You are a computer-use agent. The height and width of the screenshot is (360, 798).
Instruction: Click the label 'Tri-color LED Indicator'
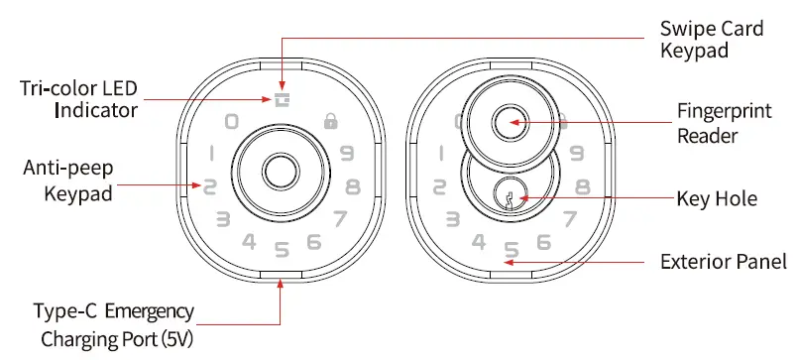[x=78, y=98]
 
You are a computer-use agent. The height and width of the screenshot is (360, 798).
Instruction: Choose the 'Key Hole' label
[x=716, y=199]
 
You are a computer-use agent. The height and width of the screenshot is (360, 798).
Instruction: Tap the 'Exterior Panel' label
[x=724, y=263]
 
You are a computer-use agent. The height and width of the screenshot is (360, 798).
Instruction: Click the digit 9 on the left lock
[x=346, y=153]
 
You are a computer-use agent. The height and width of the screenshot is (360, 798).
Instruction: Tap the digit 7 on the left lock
[x=339, y=218]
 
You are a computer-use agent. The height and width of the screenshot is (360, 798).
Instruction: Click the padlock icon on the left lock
[x=330, y=122]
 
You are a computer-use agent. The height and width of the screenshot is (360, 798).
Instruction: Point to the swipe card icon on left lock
[x=282, y=99]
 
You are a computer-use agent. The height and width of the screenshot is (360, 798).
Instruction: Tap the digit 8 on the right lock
[x=583, y=185]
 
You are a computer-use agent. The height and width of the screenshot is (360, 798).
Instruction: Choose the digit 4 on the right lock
[x=479, y=241]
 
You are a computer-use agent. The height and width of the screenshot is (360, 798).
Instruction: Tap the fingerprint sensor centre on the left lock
[x=282, y=171]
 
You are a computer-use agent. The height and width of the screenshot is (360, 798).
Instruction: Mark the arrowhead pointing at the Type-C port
[x=282, y=285]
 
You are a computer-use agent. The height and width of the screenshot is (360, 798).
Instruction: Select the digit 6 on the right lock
[x=543, y=241]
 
